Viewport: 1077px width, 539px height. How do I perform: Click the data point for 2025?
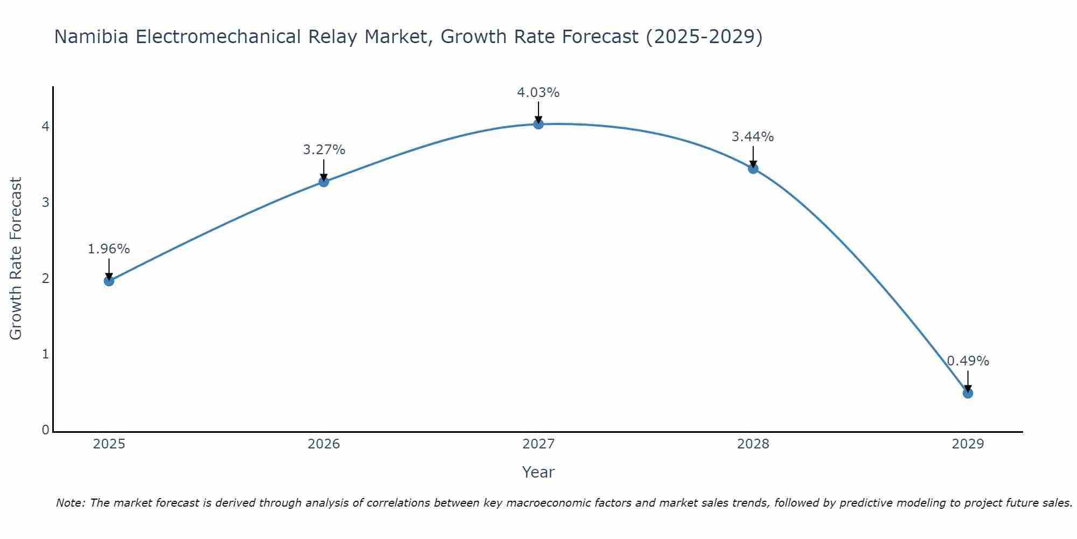(109, 281)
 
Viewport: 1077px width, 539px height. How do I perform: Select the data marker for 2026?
(324, 182)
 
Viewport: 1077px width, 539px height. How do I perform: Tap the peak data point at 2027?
(538, 124)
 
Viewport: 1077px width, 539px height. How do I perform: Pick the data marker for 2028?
(753, 169)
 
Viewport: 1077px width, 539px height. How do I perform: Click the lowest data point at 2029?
(968, 393)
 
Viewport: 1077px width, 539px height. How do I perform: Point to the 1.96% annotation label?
(109, 249)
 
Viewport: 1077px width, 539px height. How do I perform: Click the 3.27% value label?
(324, 150)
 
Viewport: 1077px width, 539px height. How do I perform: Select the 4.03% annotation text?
(538, 93)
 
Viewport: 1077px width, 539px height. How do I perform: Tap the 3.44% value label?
(753, 137)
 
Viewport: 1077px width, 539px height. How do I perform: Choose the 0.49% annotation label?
(968, 361)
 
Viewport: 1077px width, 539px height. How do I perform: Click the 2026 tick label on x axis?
(324, 444)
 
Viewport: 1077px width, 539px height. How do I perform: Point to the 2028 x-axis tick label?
(753, 444)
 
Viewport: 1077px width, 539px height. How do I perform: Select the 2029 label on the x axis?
(968, 444)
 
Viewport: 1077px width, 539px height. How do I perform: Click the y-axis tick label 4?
(45, 126)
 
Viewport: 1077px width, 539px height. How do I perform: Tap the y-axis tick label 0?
(45, 430)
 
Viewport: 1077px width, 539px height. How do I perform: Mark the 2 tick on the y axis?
(45, 278)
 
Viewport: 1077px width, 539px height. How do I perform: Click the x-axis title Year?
(538, 472)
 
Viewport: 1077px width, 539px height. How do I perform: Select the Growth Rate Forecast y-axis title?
(16, 259)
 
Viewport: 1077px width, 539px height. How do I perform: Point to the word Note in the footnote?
(70, 503)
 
